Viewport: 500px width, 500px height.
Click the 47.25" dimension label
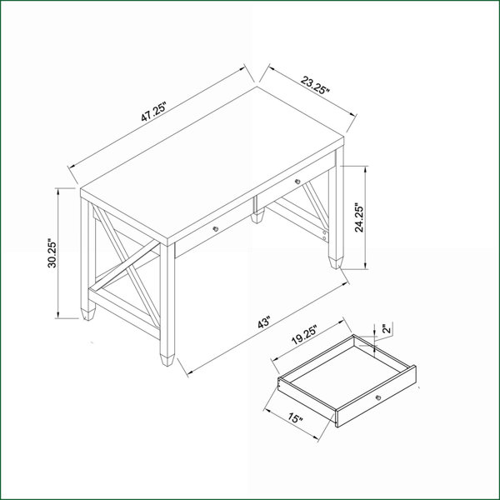pyautogui.click(x=154, y=112)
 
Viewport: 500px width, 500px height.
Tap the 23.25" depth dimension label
pyautogui.click(x=315, y=85)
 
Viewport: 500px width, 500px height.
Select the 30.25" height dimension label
pyautogui.click(x=52, y=253)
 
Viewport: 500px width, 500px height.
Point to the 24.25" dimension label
pyautogui.click(x=359, y=217)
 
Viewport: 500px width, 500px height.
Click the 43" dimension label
pyautogui.click(x=264, y=322)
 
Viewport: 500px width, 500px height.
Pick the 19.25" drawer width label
pyautogui.click(x=304, y=335)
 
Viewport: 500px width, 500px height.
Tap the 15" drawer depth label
pyautogui.click(x=295, y=417)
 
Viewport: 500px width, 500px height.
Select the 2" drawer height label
pyautogui.click(x=387, y=328)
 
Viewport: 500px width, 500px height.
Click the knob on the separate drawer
pyautogui.click(x=378, y=397)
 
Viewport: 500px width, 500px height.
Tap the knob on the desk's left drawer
pyautogui.click(x=216, y=228)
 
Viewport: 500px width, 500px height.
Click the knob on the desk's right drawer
pyautogui.click(x=297, y=182)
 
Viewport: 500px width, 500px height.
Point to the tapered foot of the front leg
pyautogui.click(x=167, y=359)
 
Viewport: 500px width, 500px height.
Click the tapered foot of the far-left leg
pyautogui.click(x=88, y=314)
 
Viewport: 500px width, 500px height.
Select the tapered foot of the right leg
pyautogui.click(x=336, y=262)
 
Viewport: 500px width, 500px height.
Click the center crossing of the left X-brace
pyautogui.click(x=127, y=266)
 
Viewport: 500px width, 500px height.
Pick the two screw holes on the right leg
pyautogui.click(x=324, y=235)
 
